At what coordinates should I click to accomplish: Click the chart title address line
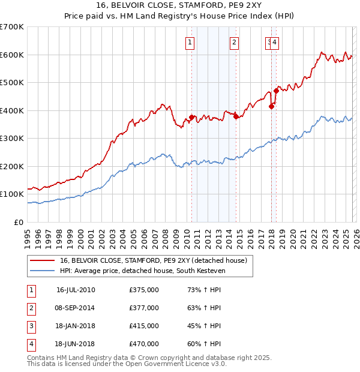coord(179,5)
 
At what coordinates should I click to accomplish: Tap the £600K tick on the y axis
coord(11,55)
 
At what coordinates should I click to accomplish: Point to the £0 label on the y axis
coord(19,222)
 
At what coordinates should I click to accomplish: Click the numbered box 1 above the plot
coord(190,42)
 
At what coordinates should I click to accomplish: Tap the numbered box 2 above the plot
coord(233,42)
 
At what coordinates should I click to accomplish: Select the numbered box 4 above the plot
coord(274,42)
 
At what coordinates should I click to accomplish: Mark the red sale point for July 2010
coord(192,117)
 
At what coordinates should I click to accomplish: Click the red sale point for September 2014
coord(236,117)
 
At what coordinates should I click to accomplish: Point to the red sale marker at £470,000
coord(276,91)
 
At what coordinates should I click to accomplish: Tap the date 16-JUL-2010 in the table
coord(76,290)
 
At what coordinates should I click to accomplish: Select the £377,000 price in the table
coord(144,308)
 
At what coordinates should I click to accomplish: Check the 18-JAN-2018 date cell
coord(76,326)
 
